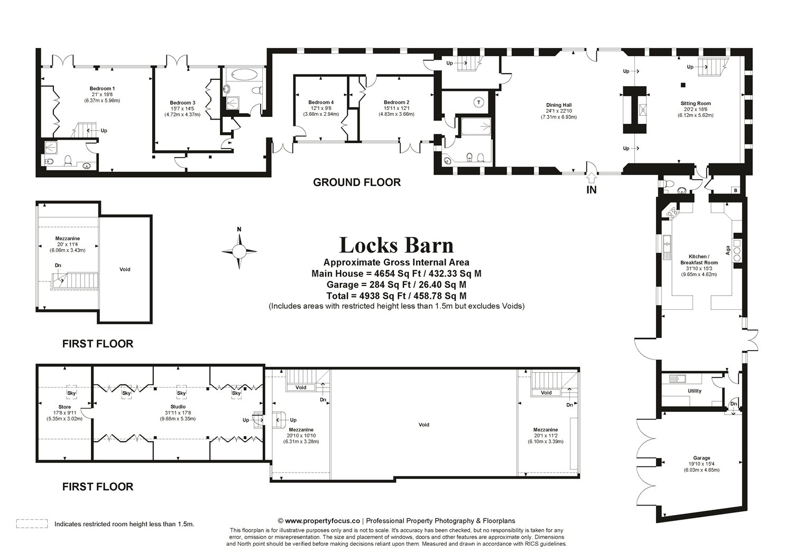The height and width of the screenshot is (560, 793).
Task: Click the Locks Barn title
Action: click(x=396, y=245)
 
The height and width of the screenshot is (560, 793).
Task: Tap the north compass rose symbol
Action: click(x=239, y=251)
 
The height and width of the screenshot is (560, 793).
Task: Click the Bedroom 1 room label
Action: click(x=102, y=88)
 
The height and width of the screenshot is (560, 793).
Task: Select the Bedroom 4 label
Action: click(x=321, y=102)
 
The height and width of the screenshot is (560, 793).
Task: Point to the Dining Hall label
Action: click(x=558, y=105)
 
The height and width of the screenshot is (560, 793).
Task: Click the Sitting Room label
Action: click(x=695, y=104)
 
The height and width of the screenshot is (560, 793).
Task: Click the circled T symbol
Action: click(x=479, y=102)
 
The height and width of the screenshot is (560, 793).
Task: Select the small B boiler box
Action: click(x=734, y=190)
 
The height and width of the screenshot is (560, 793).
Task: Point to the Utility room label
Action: click(x=694, y=391)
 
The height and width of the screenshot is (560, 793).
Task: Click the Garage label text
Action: click(x=702, y=458)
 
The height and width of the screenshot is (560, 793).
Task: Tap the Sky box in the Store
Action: click(x=71, y=393)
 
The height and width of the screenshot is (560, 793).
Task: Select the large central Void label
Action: click(x=423, y=425)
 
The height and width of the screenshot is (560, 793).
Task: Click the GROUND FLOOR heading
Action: click(x=357, y=182)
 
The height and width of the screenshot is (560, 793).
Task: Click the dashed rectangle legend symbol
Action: click(x=32, y=524)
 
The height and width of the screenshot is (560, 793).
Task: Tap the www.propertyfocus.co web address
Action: click(x=322, y=521)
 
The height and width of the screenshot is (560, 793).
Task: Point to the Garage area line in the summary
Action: click(x=396, y=285)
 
